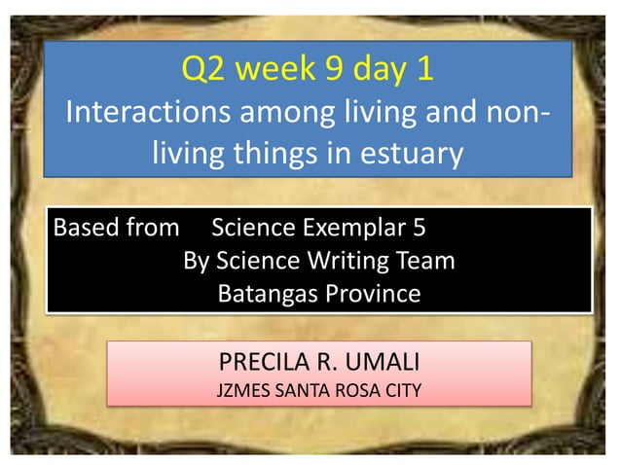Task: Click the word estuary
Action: click(405, 153)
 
